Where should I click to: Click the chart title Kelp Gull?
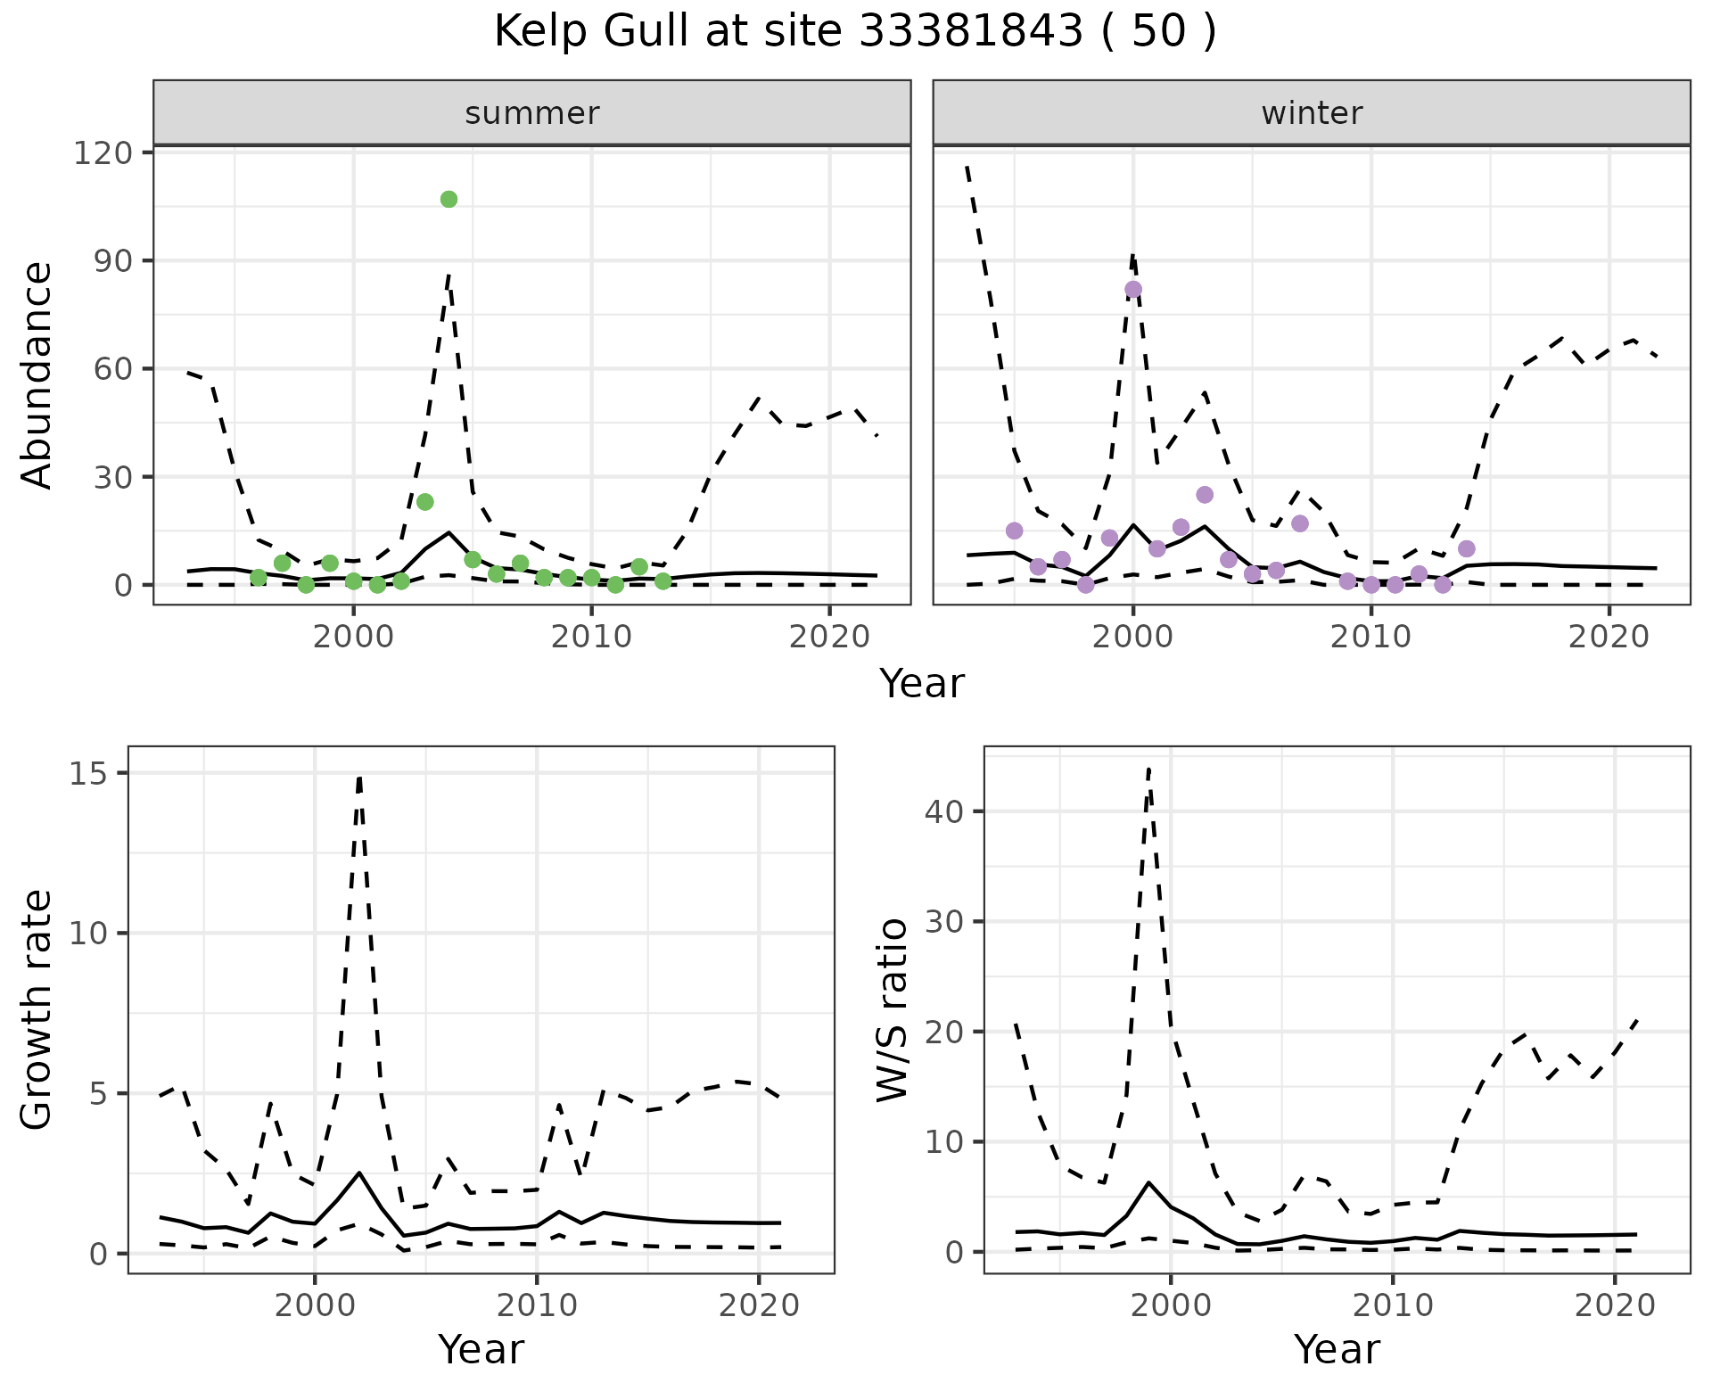(x=854, y=32)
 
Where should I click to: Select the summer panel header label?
(x=532, y=113)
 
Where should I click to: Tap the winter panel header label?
(x=1312, y=113)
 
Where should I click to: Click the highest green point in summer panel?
(x=449, y=199)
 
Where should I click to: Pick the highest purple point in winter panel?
(x=1133, y=289)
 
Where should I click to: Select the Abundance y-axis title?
(x=37, y=374)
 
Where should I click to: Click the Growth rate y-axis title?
(x=37, y=1010)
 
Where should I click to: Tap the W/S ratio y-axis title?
(x=893, y=1010)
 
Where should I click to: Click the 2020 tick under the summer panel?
(x=829, y=638)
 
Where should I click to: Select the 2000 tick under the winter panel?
(x=1133, y=638)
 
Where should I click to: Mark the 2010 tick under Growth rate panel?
(x=536, y=1305)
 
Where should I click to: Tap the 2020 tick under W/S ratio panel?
(x=1615, y=1305)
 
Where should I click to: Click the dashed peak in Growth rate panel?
(x=359, y=778)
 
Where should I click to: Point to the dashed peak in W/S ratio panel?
(x=1148, y=769)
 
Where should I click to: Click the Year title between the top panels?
(x=922, y=684)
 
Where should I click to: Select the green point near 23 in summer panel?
(x=424, y=502)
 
